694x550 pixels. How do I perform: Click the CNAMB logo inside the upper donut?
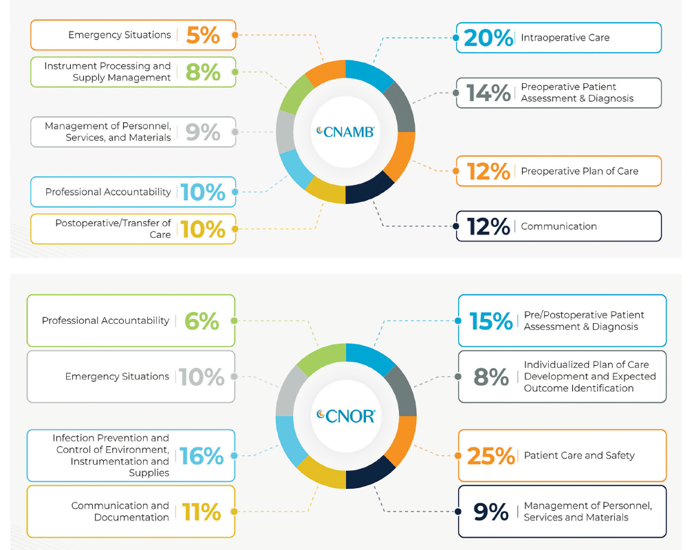(x=345, y=131)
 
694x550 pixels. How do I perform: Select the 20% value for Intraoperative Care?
(x=488, y=38)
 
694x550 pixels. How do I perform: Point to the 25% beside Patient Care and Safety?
(x=490, y=456)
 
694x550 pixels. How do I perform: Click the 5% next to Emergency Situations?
(x=203, y=35)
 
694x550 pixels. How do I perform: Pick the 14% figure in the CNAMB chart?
(x=488, y=93)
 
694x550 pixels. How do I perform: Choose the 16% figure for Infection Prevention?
(x=202, y=456)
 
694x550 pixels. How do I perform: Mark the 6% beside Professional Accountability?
(x=202, y=321)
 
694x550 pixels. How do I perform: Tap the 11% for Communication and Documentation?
(x=202, y=512)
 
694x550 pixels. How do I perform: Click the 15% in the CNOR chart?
(x=490, y=321)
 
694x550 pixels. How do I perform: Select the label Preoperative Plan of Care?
(x=579, y=171)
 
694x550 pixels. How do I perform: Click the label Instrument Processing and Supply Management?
(x=107, y=71)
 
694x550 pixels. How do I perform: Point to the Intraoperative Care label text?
(x=565, y=38)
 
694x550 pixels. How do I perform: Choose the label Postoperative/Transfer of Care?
(x=113, y=229)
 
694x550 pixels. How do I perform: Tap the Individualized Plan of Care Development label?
(x=589, y=376)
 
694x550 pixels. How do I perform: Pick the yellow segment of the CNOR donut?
(x=319, y=474)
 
